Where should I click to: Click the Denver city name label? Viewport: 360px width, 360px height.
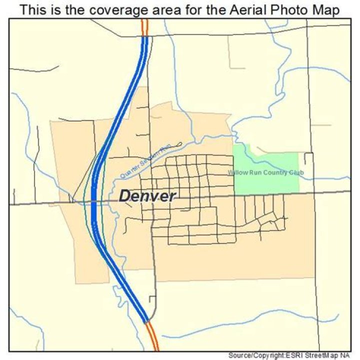(x=147, y=195)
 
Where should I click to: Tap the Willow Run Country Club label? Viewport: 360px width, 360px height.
(x=265, y=173)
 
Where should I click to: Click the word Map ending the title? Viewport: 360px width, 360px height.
(x=327, y=10)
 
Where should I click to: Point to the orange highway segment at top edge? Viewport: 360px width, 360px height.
(x=145, y=27)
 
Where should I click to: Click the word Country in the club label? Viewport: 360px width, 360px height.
(x=274, y=173)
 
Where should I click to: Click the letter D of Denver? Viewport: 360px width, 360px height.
(x=124, y=195)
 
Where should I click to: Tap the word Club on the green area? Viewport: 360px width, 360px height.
(x=296, y=173)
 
